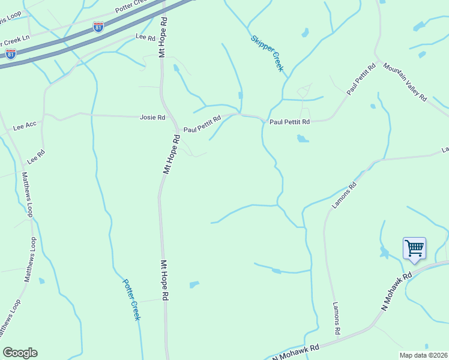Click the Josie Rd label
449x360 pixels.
point(152,118)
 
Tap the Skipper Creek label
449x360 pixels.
point(267,52)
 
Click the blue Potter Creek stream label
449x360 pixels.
point(131,299)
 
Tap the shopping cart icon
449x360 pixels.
point(414,248)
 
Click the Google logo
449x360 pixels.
point(20,353)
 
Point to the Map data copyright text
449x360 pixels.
point(423,355)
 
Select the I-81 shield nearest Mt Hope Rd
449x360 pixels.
point(98,27)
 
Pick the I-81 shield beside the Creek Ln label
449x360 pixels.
point(10,54)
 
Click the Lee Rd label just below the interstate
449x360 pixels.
point(146,37)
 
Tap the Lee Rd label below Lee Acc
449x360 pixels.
point(36,157)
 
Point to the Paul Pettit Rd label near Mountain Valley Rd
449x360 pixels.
point(361,78)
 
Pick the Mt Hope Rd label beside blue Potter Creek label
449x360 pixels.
point(164,280)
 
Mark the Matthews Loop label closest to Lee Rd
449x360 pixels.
point(28,194)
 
